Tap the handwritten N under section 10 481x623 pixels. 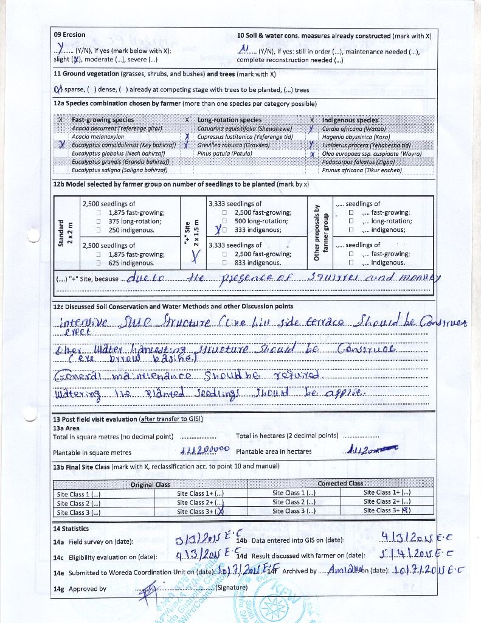(x=244, y=49)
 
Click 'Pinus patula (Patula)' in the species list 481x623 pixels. (x=225, y=154)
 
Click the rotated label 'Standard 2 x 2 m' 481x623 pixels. (x=64, y=232)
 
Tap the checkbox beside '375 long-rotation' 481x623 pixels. (x=99, y=221)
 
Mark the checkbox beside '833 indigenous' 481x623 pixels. (x=225, y=263)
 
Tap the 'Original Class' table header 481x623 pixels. (x=150, y=484)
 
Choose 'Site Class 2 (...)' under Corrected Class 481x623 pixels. (x=294, y=502)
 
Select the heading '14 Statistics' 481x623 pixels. (x=71, y=529)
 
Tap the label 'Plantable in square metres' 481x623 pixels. (x=92, y=453)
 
